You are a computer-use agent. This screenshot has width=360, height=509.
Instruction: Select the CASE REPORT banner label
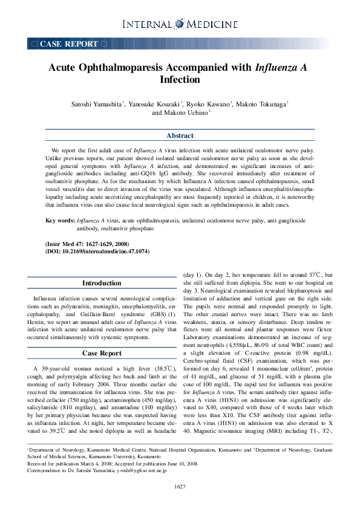[x=68, y=44]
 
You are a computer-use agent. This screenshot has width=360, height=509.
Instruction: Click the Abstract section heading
[x=180, y=135]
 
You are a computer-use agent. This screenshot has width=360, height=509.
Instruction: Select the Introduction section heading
[x=102, y=283]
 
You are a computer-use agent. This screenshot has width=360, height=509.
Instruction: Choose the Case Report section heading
[x=102, y=353]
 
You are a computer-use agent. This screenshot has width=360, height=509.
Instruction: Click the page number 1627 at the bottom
[x=180, y=487]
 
